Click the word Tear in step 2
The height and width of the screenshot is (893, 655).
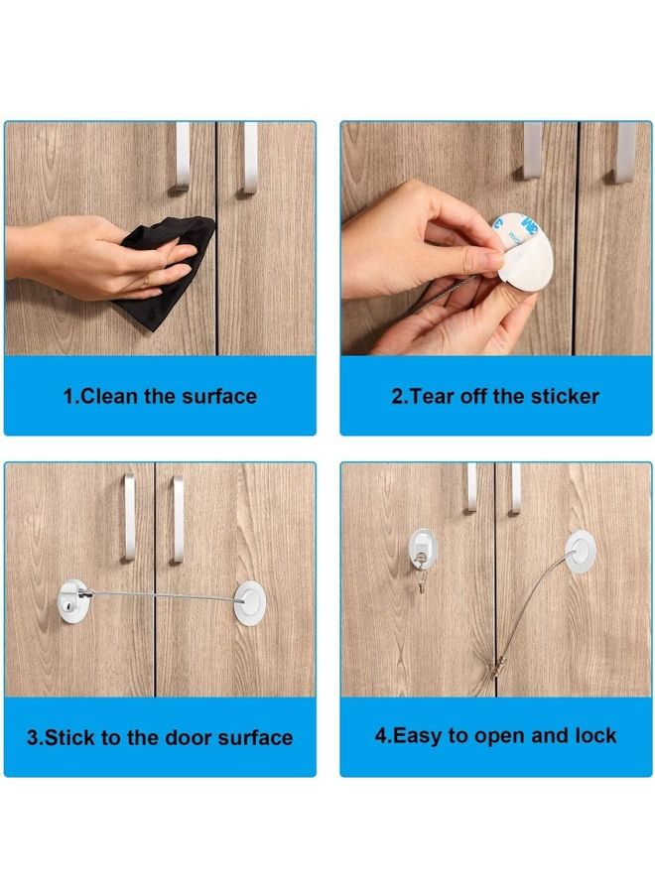click(x=430, y=397)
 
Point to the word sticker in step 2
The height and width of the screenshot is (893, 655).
click(x=561, y=397)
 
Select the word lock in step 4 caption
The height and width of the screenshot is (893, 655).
click(x=595, y=736)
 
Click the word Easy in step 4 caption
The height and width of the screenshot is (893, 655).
click(x=418, y=736)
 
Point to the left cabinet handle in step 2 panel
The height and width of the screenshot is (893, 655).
click(x=534, y=149)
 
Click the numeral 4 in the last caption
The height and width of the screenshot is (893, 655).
click(x=381, y=736)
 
